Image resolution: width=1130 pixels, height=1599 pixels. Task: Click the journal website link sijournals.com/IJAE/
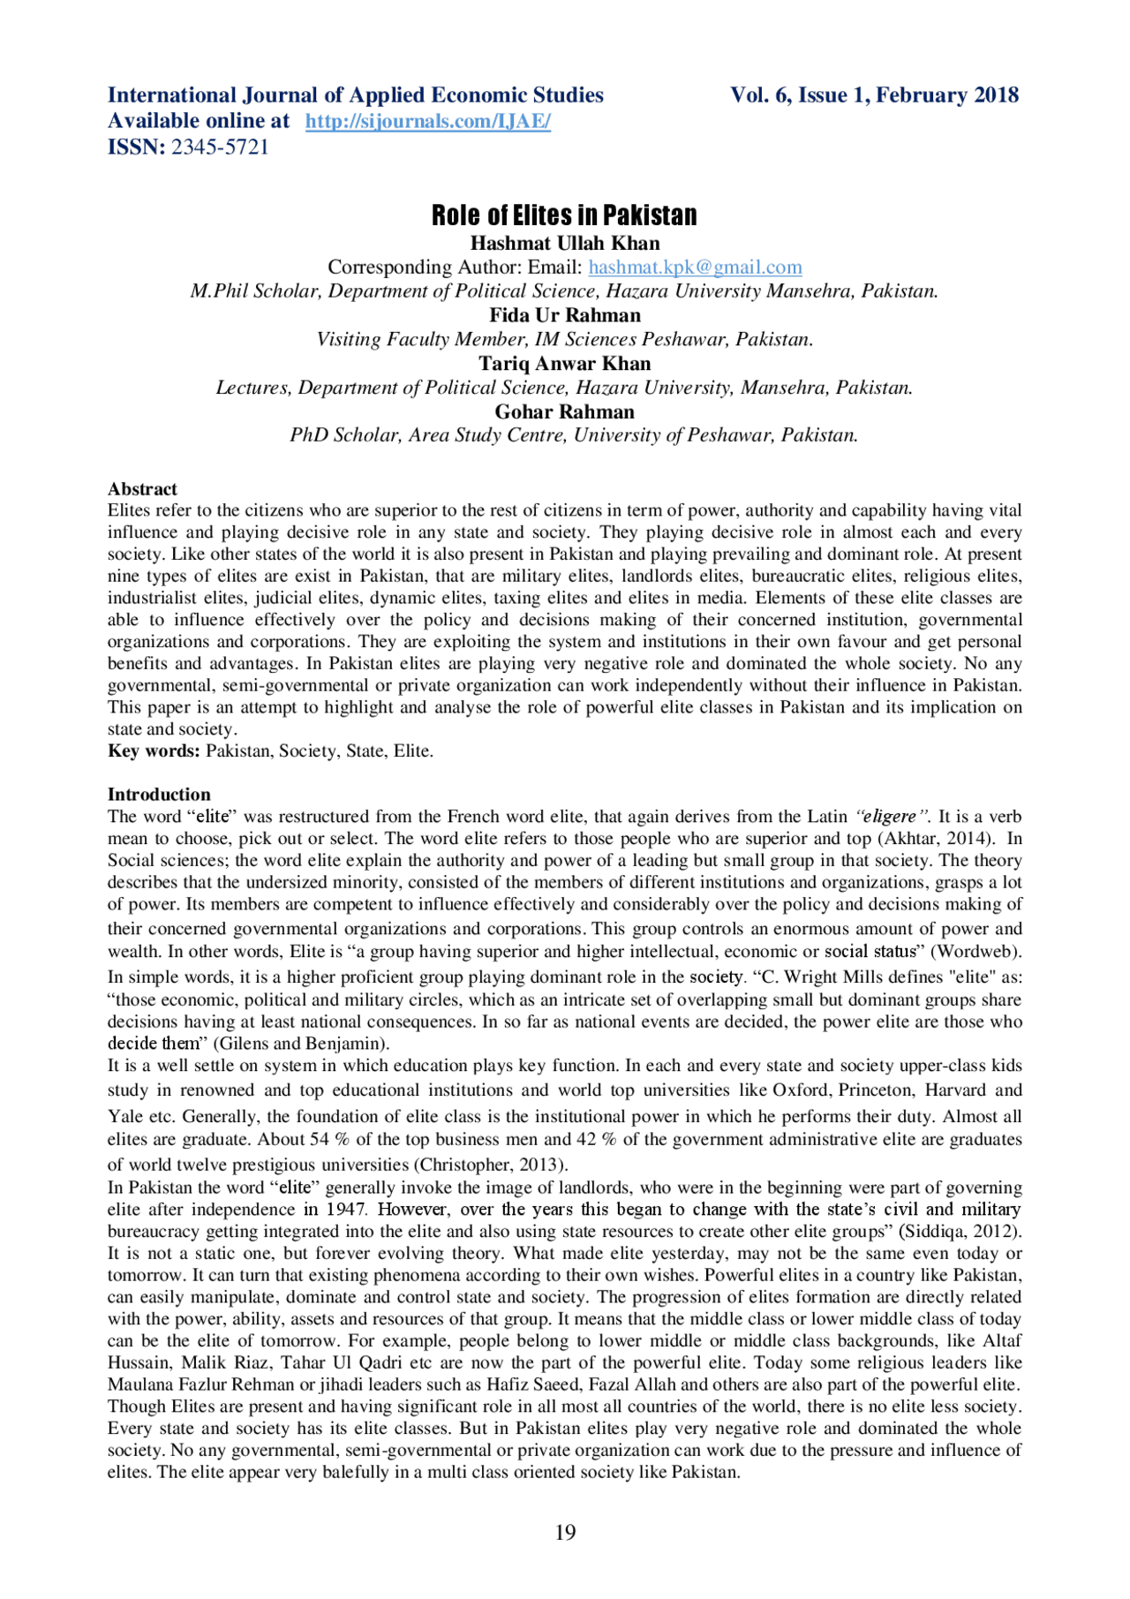coord(428,122)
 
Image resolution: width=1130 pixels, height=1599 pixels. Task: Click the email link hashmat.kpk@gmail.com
coord(695,268)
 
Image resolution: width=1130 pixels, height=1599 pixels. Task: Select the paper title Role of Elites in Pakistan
coord(564,215)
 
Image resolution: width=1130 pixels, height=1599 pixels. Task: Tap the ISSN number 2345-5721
coord(220,147)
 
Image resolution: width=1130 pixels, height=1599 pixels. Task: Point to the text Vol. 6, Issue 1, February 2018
coord(874,95)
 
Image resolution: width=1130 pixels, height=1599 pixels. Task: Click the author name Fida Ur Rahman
coord(565,315)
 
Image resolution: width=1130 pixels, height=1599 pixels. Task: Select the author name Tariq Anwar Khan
coord(565,364)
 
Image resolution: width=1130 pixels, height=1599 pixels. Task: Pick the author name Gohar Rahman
coord(565,412)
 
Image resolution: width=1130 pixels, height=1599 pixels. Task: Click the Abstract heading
coord(142,489)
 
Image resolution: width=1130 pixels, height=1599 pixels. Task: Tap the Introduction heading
coord(159,795)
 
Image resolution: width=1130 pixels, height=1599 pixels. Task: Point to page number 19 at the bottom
coord(565,1533)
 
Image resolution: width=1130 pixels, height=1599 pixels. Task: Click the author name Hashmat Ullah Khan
coord(565,244)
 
